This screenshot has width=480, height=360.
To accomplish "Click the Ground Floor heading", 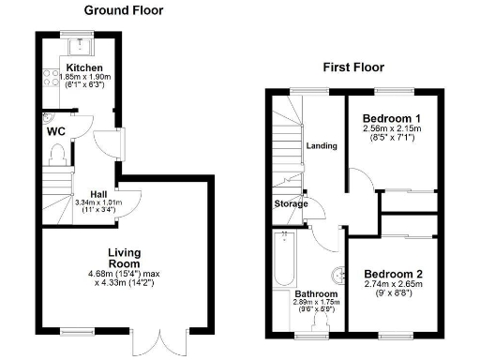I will pos(123,10).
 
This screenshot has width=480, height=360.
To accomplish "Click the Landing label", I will pos(322,145).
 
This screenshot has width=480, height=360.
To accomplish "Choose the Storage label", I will pos(291,203).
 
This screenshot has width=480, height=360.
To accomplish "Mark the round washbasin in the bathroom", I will pos(335,275).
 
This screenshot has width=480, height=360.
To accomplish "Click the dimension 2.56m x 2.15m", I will pos(392,129).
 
